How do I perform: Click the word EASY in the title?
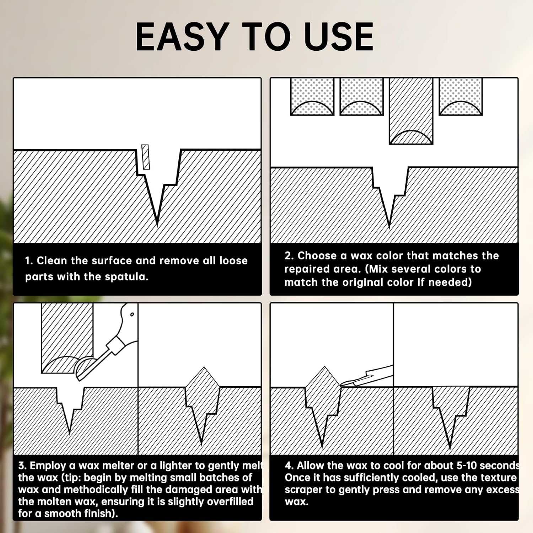[x=181, y=36]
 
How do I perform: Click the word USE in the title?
[x=339, y=36]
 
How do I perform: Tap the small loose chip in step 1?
[x=145, y=157]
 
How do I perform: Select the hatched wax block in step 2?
[x=411, y=111]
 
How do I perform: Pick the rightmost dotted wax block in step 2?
[x=461, y=97]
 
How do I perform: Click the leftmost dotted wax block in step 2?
[x=312, y=97]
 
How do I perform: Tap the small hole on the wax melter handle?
[x=132, y=314]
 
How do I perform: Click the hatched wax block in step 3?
[x=67, y=338]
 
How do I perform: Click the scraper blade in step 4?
[x=366, y=376]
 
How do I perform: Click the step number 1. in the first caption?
[x=29, y=261]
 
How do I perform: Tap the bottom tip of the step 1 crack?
[x=157, y=225]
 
